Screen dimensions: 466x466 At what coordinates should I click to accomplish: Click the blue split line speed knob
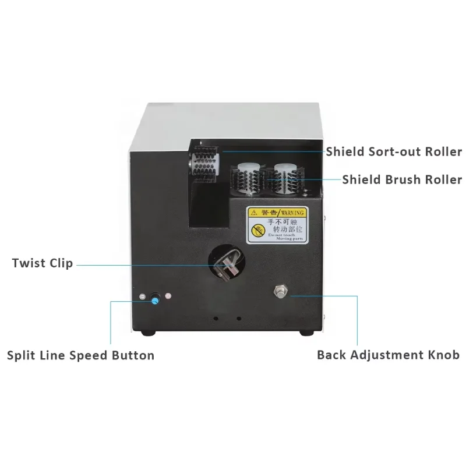pyautogui.click(x=155, y=299)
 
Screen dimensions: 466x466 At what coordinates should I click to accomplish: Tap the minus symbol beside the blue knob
pyautogui.click(x=143, y=297)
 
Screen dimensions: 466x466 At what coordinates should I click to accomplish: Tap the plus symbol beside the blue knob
pyautogui.click(x=168, y=296)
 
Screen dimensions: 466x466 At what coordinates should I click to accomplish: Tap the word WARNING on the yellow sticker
pyautogui.click(x=292, y=213)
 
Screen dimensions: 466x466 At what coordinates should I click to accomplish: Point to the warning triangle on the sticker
pyautogui.click(x=253, y=213)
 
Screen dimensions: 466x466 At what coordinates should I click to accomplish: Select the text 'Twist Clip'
pyautogui.click(x=43, y=263)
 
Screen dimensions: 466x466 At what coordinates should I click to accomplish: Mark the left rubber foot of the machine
pyautogui.click(x=148, y=333)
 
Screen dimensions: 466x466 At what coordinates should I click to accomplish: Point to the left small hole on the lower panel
pyautogui.click(x=216, y=319)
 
